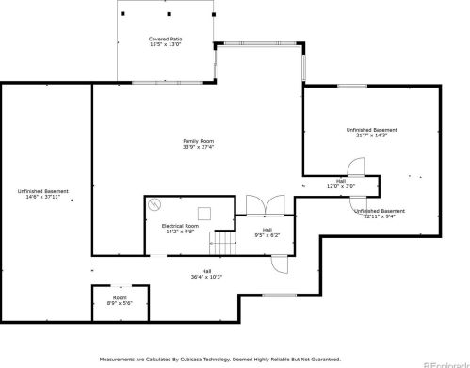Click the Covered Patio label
(165, 39)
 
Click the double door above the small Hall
(257, 204)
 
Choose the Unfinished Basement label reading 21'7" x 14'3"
(371, 135)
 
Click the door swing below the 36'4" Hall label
(277, 264)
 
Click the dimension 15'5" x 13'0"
(165, 44)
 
